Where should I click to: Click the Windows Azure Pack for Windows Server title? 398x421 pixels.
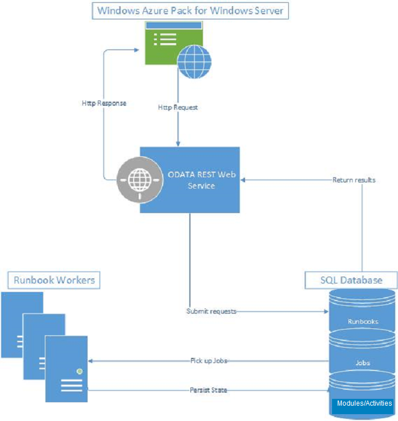coord(190,11)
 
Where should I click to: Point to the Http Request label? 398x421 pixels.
coord(178,107)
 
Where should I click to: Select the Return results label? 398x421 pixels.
coord(354,180)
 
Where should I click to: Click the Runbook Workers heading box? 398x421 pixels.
coord(54,280)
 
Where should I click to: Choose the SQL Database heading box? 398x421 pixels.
coord(351,280)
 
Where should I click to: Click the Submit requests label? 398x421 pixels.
coord(211,311)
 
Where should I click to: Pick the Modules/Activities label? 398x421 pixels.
coord(364,403)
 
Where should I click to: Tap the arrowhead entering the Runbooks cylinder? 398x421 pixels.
coord(326,311)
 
